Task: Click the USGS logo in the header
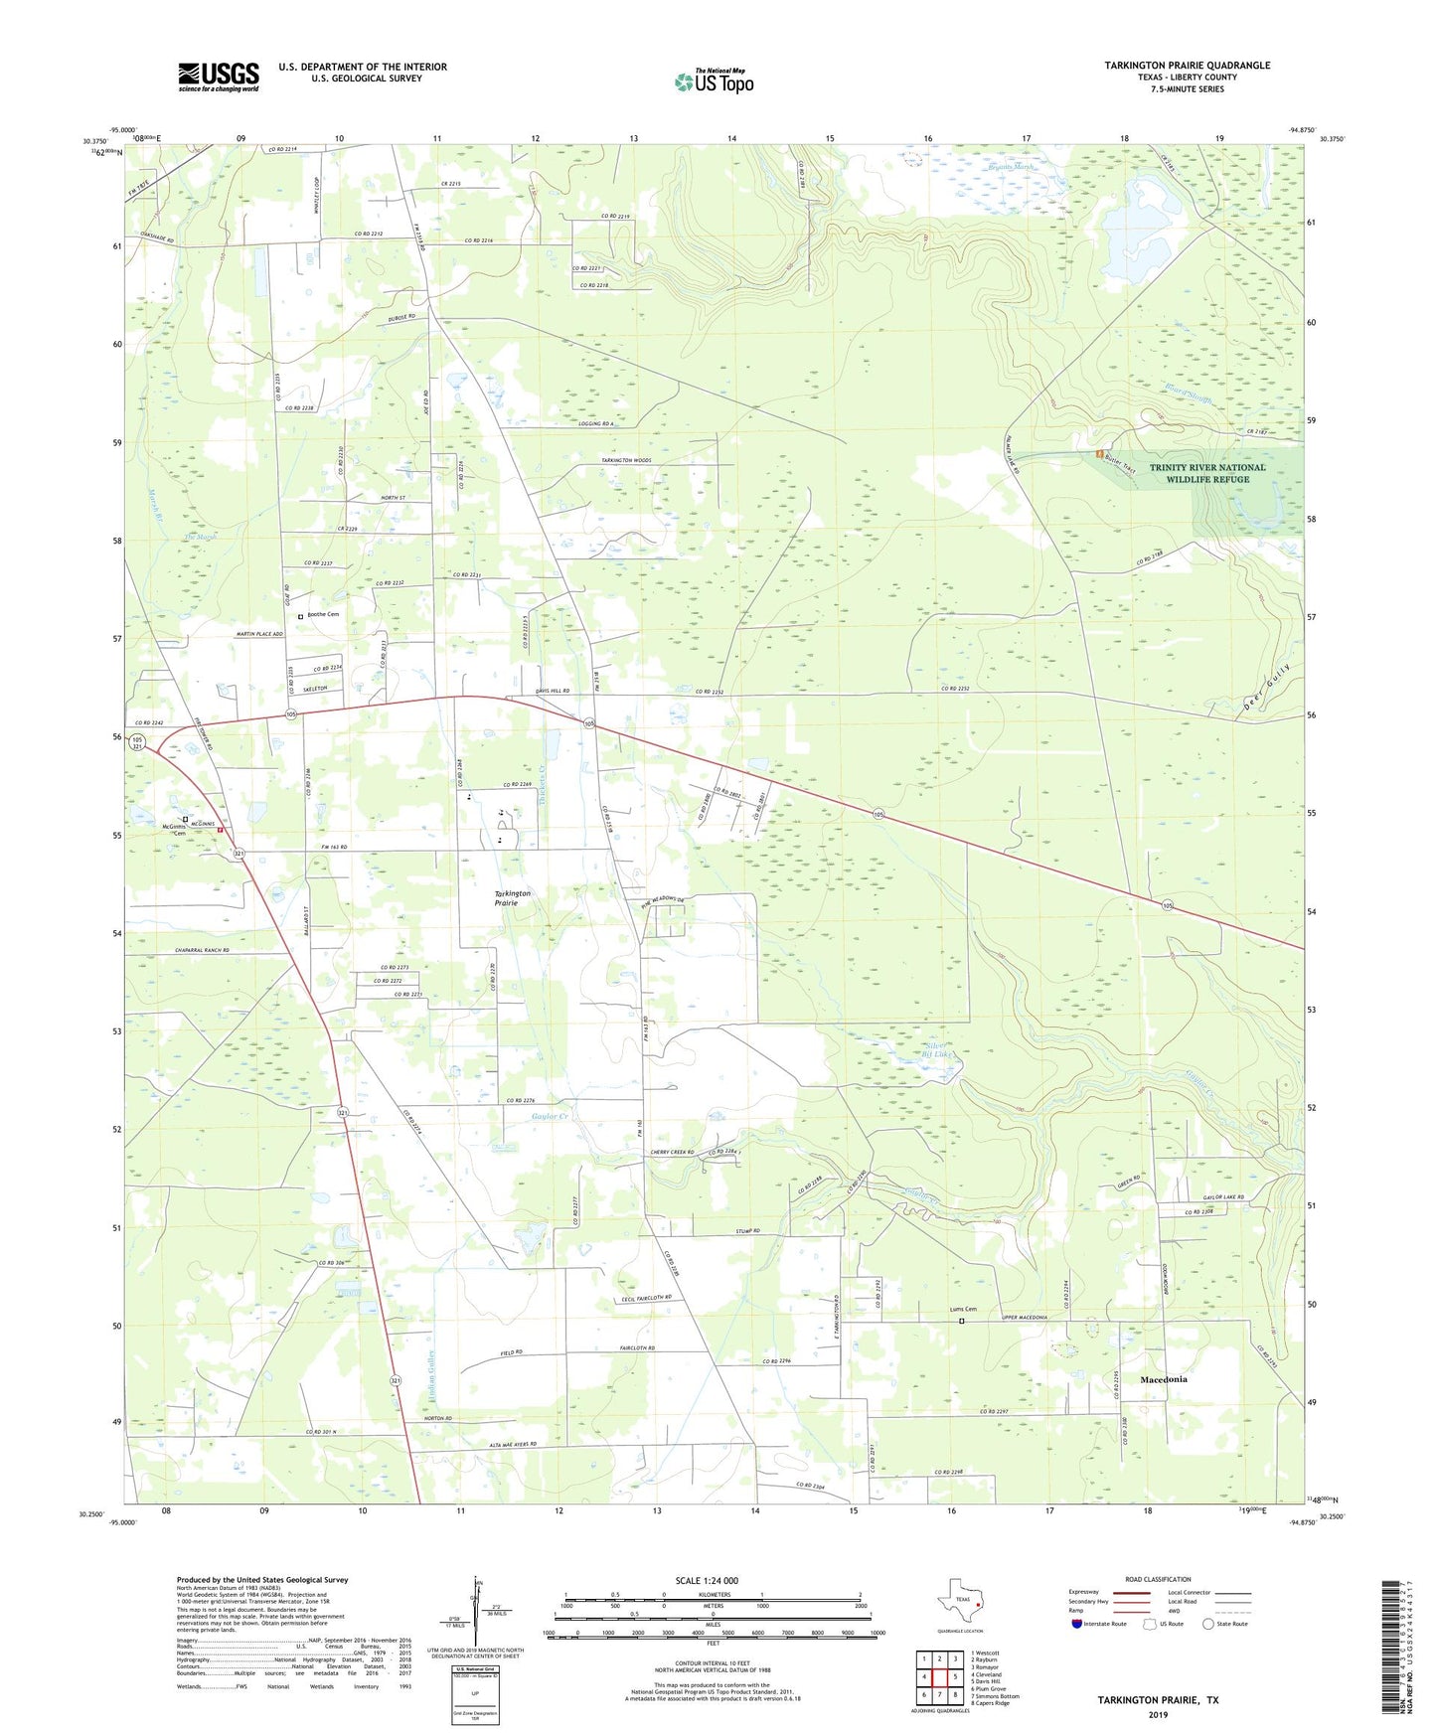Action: (219, 77)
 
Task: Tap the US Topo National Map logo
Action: (713, 81)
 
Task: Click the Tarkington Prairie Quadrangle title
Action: (1187, 66)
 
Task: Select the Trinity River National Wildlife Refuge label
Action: (1206, 473)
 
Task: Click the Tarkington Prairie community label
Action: (513, 898)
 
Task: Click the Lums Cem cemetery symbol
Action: (961, 1322)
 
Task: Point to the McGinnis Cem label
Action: (174, 829)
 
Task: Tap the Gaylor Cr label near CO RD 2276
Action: (550, 1117)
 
